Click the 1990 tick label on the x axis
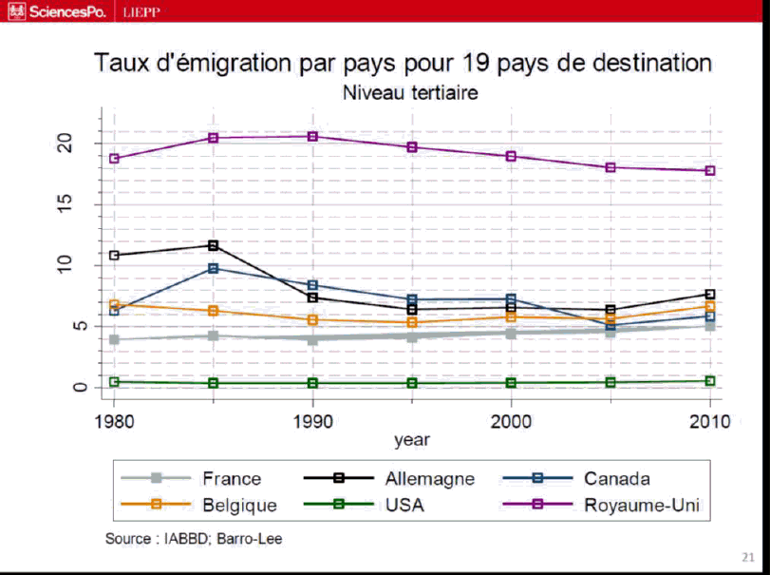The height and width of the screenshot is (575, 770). tap(313, 420)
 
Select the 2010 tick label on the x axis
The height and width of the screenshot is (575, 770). tap(709, 420)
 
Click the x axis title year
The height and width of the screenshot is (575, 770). tap(412, 440)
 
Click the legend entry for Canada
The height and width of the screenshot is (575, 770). tap(617, 478)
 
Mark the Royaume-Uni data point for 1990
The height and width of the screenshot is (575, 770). tap(313, 136)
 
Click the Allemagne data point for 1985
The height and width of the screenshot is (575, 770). tap(214, 245)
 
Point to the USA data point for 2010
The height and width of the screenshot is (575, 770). tap(709, 381)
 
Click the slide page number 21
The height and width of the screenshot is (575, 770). tap(745, 556)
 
